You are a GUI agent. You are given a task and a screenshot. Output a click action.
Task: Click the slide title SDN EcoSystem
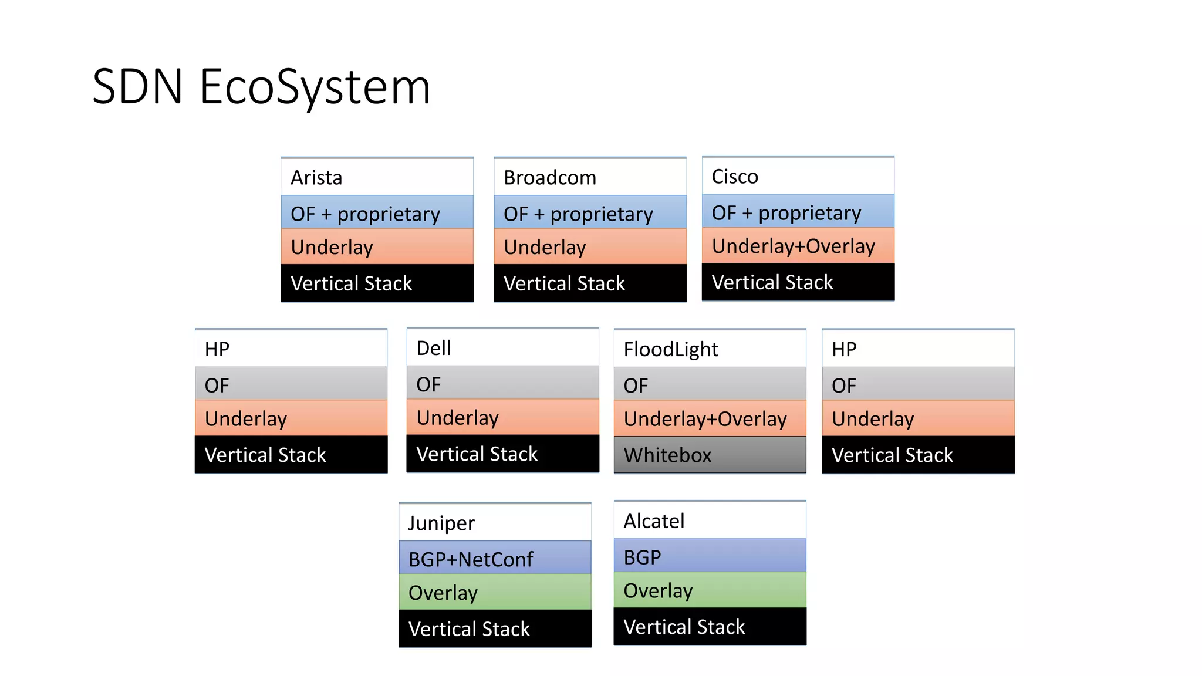pos(261,87)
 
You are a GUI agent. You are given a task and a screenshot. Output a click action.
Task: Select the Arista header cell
pos(377,177)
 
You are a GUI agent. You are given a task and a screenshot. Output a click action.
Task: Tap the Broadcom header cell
pos(590,177)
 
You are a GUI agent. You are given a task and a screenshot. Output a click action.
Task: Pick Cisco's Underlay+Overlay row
pos(798,246)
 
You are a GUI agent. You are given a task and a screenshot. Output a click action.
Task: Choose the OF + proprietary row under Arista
pos(377,213)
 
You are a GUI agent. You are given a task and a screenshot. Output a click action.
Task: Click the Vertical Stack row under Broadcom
pos(590,283)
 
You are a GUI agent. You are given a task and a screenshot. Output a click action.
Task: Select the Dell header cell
pos(502,348)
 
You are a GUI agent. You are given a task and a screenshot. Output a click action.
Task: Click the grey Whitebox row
pos(710,455)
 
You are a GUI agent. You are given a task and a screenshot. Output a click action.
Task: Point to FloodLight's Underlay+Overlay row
pos(710,418)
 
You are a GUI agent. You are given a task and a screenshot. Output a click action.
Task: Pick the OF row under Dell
pos(502,384)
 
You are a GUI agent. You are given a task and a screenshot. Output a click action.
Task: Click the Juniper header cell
pos(495,522)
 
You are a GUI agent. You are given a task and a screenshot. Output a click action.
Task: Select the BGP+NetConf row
pos(495,559)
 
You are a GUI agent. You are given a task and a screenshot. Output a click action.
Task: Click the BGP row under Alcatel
pos(710,556)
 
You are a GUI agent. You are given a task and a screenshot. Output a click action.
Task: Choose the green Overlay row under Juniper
pos(495,593)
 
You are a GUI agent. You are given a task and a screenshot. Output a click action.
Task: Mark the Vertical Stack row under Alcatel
pos(710,627)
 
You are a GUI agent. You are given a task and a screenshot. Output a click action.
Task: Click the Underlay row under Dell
pos(502,417)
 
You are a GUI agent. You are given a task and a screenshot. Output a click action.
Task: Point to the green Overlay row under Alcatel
pos(710,590)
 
